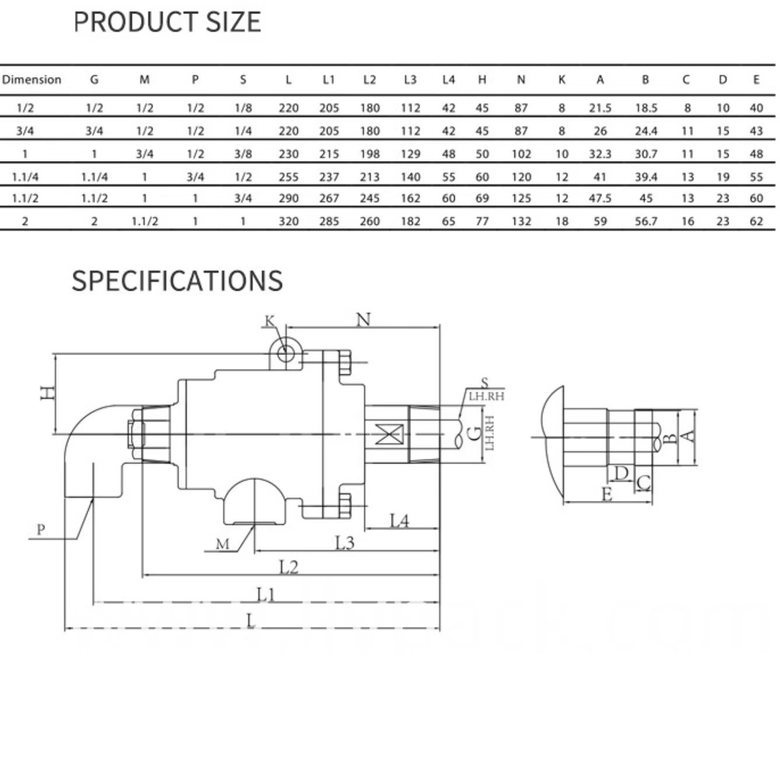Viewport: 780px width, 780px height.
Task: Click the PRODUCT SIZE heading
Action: click(167, 22)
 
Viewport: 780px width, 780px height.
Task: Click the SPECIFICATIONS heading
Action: click(177, 281)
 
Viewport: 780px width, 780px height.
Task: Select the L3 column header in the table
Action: click(410, 80)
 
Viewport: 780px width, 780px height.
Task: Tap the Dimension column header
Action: click(32, 80)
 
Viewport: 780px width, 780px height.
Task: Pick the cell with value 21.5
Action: click(600, 108)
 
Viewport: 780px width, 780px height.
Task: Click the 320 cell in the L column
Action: click(288, 221)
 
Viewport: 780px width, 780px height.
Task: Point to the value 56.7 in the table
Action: click(646, 221)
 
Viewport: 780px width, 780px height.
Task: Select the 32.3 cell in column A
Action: click(600, 154)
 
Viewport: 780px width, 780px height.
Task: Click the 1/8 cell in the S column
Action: click(243, 108)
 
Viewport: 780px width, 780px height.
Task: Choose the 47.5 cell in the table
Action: click(600, 198)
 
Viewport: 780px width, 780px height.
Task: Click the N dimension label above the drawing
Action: click(363, 320)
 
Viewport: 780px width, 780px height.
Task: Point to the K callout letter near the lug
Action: click(270, 321)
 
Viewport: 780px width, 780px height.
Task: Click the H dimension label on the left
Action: click(48, 392)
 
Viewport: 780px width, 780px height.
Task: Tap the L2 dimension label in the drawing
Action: click(289, 567)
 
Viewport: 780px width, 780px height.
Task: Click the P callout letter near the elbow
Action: click(41, 530)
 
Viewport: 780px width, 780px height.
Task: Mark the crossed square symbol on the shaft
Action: click(389, 435)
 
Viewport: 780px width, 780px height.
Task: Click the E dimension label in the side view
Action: click(606, 494)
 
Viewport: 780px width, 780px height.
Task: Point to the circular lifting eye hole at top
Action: click(285, 354)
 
